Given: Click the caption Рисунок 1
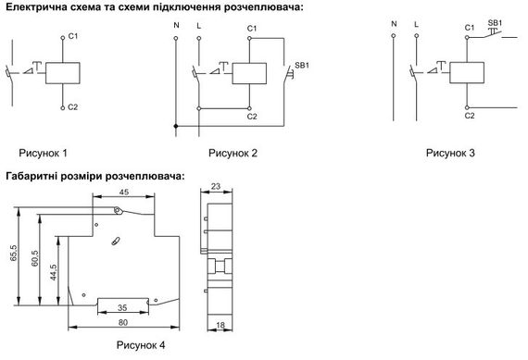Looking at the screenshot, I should pos(43,152).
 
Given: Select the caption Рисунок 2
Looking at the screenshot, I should pos(233,152).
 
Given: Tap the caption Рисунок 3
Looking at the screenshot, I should pos(450,152).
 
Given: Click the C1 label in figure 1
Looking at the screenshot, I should pos(73,38).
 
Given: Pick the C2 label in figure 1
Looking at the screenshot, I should pos(73,108).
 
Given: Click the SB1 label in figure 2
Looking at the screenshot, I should pos(301,67).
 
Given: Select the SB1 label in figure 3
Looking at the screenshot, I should pos(495,21).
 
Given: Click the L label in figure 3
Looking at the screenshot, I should pos(416,22).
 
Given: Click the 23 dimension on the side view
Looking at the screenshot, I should pos(217,186).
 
